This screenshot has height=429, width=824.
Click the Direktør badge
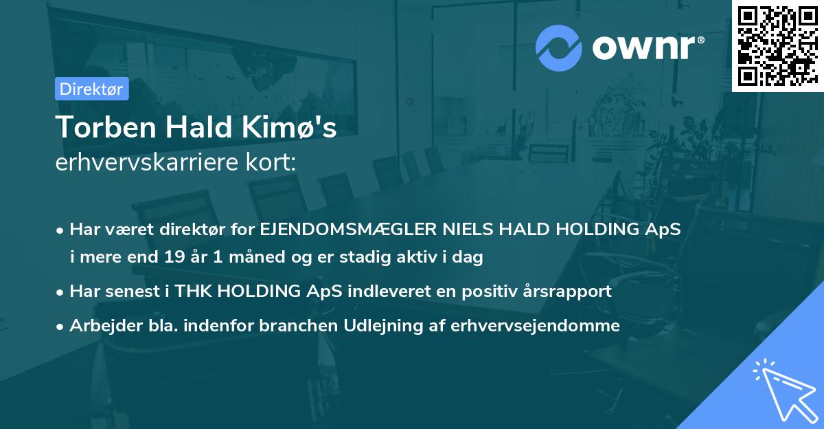click(91, 89)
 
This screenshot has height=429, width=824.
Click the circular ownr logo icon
click(559, 47)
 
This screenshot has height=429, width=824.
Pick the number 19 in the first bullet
click(174, 258)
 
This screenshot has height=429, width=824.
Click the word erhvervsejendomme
click(535, 326)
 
